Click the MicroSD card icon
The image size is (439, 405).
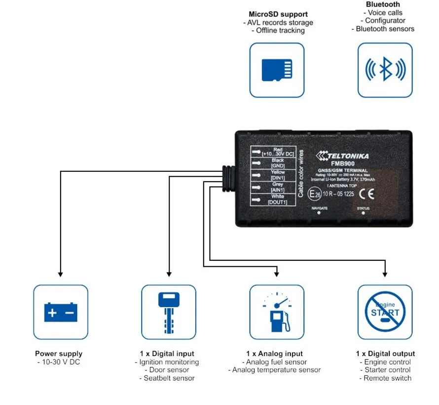click(277, 70)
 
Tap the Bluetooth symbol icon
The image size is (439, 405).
click(385, 70)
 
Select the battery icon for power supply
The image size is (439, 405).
click(61, 312)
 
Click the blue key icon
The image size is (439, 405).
click(169, 312)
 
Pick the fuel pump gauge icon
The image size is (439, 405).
click(277, 312)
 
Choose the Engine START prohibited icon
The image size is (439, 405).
click(385, 312)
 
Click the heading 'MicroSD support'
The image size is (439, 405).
click(278, 14)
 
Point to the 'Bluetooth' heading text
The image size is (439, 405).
click(383, 4)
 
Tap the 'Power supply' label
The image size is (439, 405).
click(59, 354)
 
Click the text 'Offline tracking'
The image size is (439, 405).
click(280, 31)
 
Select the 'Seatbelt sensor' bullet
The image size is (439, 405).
click(169, 378)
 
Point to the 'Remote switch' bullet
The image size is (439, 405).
click(387, 378)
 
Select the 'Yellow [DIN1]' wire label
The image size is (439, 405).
click(278, 176)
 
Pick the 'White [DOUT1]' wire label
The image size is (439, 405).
click(278, 200)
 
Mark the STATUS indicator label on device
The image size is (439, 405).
click(363, 208)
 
